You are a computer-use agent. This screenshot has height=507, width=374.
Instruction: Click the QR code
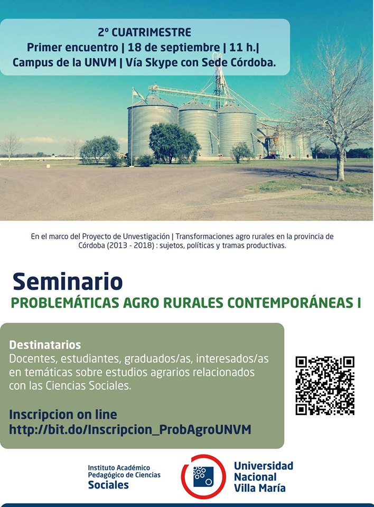click(x=325, y=386)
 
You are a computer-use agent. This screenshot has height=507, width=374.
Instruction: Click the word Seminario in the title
click(x=68, y=281)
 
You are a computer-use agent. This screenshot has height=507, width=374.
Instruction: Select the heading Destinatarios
click(x=45, y=345)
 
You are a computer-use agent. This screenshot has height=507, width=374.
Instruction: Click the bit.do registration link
click(x=130, y=429)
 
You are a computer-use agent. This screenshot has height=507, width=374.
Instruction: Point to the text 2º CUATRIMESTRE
click(x=144, y=32)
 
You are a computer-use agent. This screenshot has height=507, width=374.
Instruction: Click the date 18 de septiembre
click(x=173, y=48)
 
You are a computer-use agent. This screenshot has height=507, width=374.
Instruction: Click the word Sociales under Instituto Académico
click(x=108, y=485)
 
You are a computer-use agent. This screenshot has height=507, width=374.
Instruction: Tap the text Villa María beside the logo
click(x=260, y=487)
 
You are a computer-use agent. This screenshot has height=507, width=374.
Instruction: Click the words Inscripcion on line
click(x=63, y=414)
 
